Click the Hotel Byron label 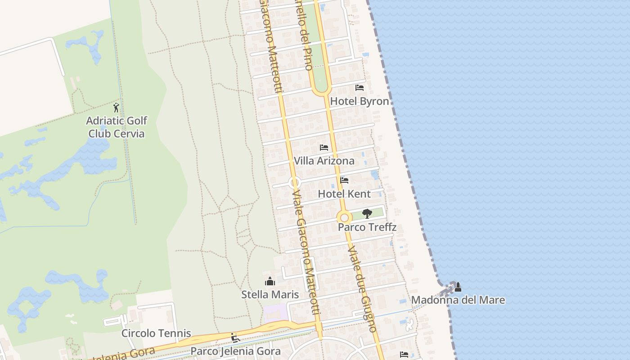[360, 101]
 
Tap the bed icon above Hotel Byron [360, 87]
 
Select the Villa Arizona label [324, 161]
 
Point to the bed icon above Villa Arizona [324, 147]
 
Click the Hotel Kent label [344, 194]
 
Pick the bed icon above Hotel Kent [344, 180]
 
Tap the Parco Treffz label [367, 227]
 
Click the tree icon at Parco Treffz [367, 213]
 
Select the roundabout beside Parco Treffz [344, 217]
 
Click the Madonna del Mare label [458, 300]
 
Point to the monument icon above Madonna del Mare [458, 287]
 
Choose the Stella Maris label [270, 295]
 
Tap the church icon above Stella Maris [270, 281]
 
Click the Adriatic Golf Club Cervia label [117, 127]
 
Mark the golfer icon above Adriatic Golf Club [117, 108]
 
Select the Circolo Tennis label [156, 333]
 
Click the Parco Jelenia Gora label [235, 351]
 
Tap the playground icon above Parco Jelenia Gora [234, 337]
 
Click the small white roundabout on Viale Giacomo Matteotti [295, 183]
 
